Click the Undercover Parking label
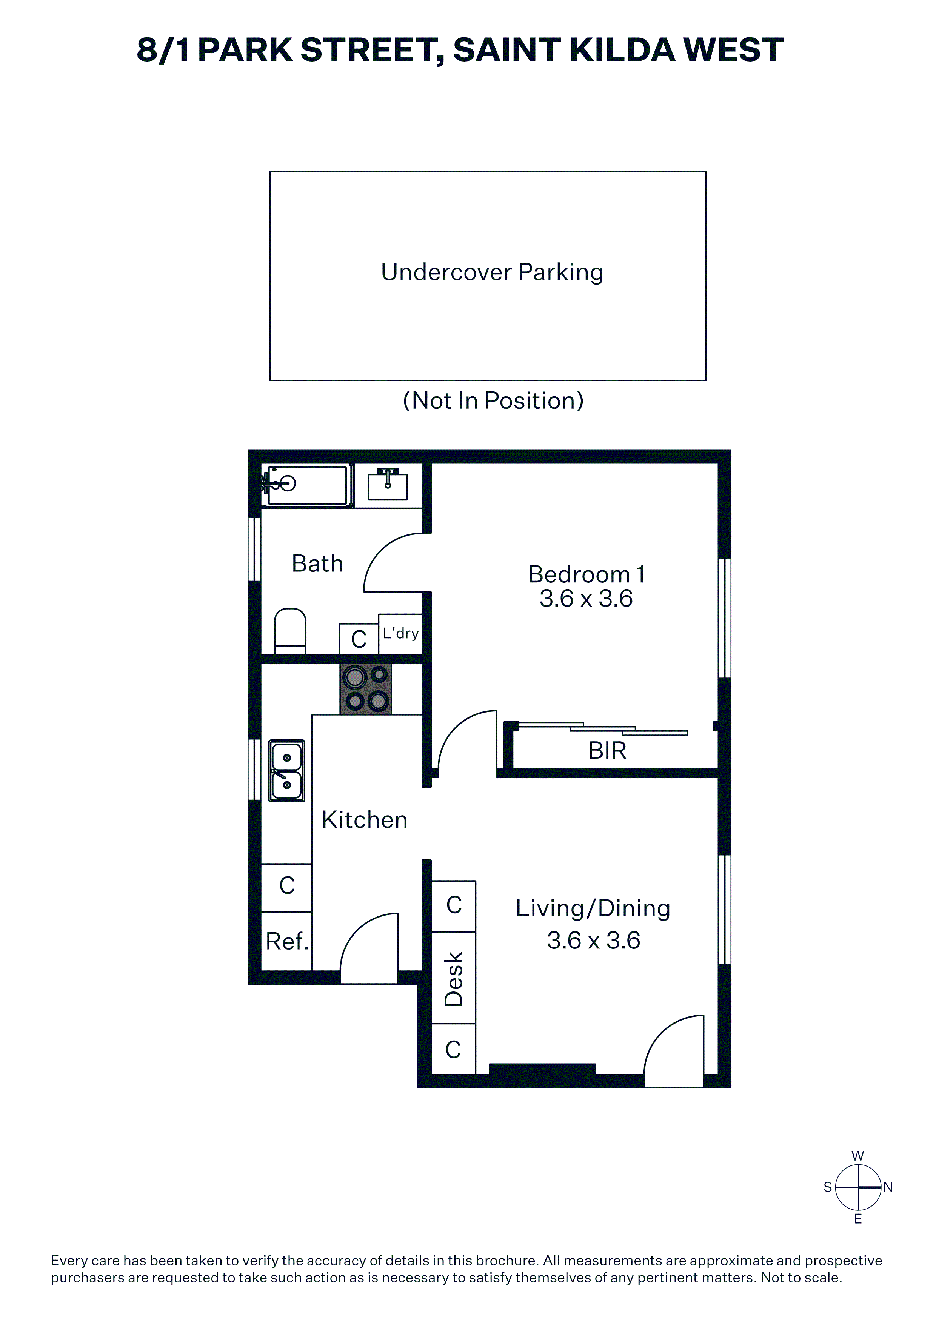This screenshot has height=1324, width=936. (492, 272)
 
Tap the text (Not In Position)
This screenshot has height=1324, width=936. (493, 400)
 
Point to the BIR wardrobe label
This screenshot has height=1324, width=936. (607, 750)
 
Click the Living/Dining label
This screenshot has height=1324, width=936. (593, 908)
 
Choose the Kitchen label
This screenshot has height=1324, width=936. (365, 819)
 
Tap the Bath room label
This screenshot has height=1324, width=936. (317, 563)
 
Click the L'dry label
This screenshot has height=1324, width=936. (400, 633)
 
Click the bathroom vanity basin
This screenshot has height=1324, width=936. (388, 485)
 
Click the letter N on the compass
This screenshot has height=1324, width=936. (888, 1187)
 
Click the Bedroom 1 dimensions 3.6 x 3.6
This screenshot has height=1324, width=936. (586, 599)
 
